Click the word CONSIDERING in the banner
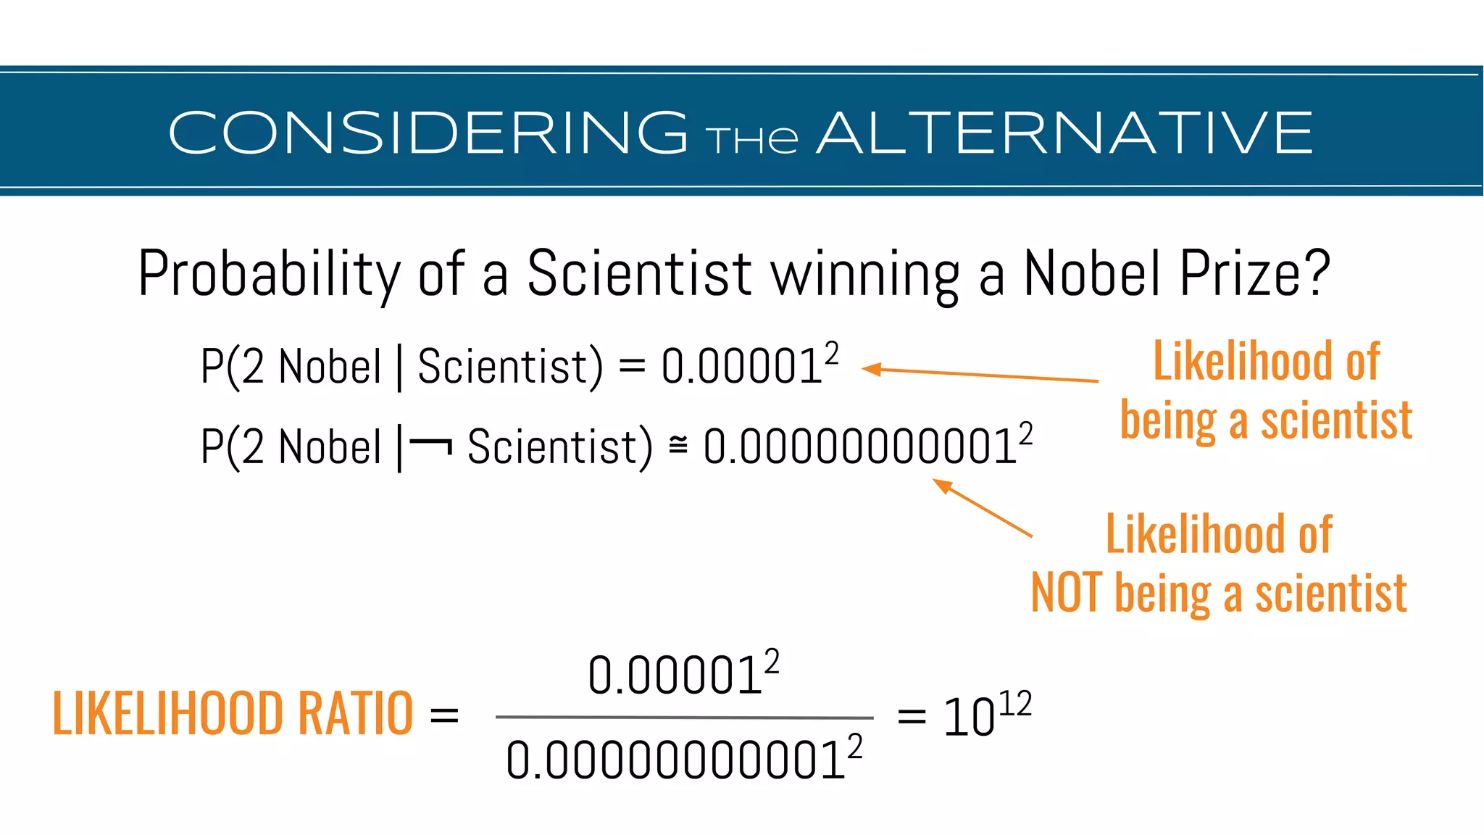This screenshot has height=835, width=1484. tap(428, 133)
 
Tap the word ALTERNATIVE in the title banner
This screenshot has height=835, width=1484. tap(1065, 133)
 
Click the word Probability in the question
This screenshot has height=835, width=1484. tap(269, 274)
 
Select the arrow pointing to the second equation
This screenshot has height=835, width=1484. tap(982, 507)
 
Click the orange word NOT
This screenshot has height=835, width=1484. tap(1067, 593)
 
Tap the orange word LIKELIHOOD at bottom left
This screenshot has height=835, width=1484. tap(167, 714)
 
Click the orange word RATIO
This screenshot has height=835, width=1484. tap(355, 714)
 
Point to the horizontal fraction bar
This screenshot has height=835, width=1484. tap(684, 718)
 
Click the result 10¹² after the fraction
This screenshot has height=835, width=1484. tap(985, 716)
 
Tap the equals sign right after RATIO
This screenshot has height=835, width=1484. tap(444, 716)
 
